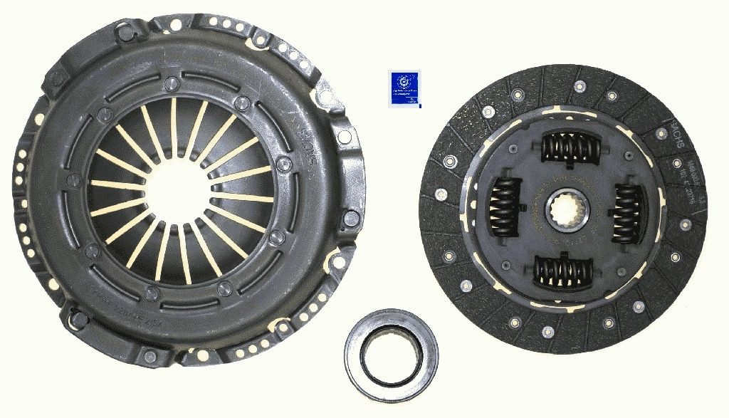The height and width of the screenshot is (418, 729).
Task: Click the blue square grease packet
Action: tap(404, 89)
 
